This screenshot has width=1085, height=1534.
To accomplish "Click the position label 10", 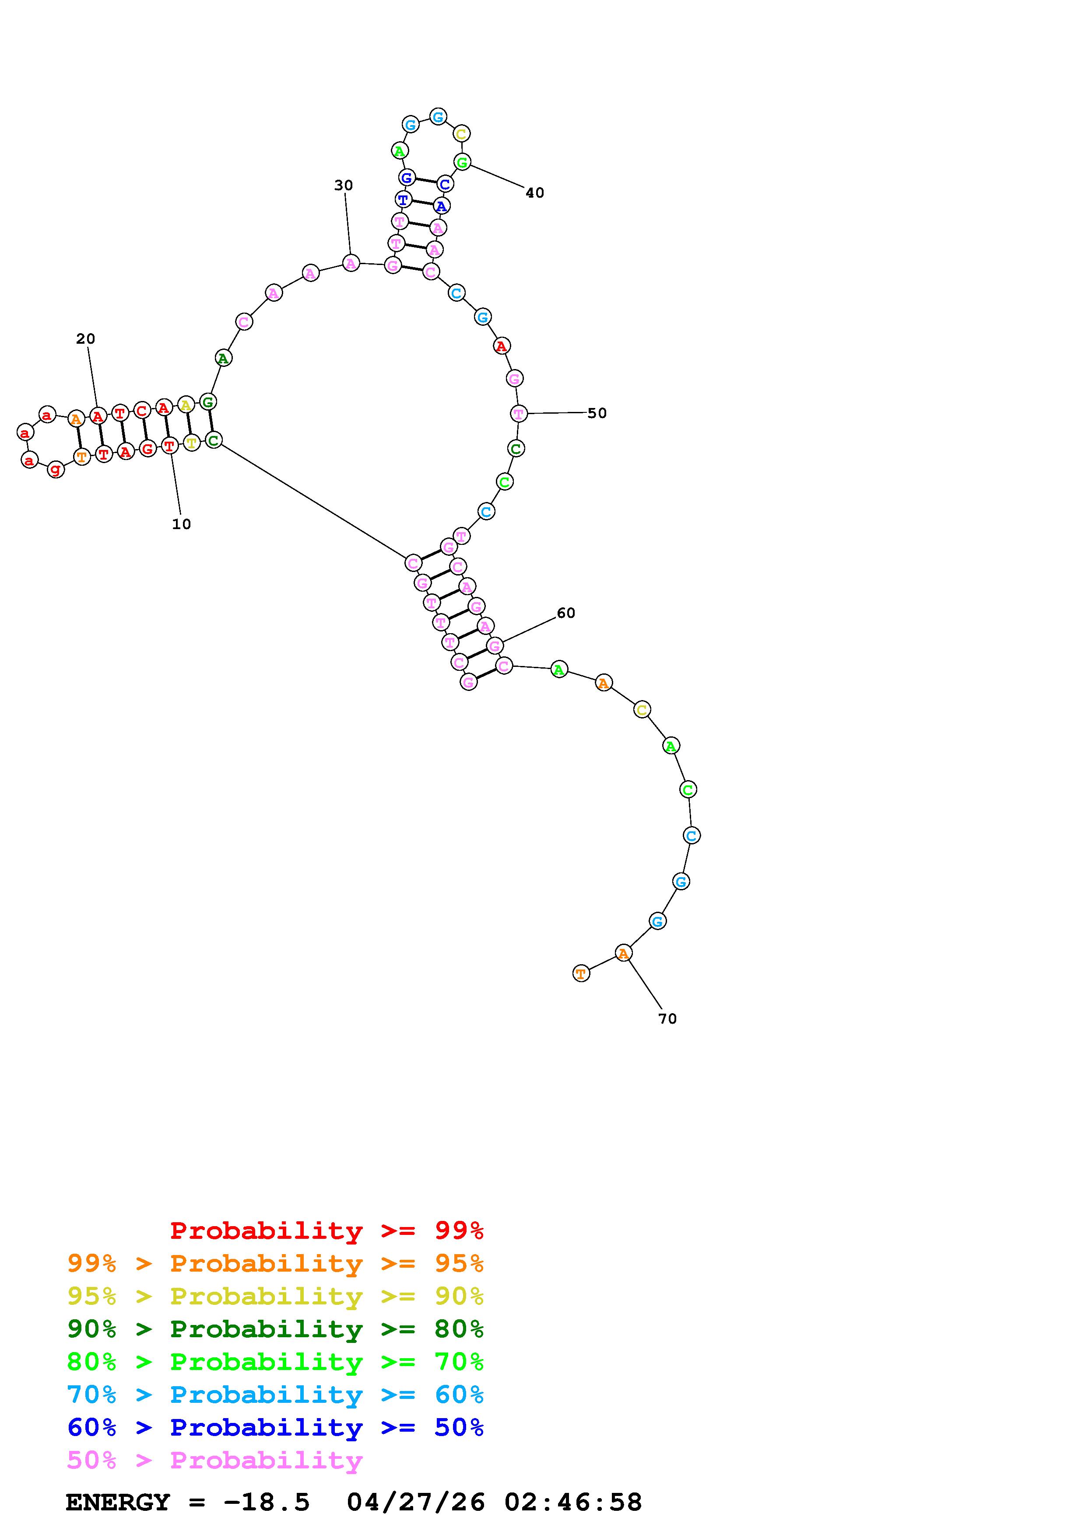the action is (181, 524).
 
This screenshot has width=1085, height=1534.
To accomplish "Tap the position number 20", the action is (86, 339).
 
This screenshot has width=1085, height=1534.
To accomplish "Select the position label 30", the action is (344, 185).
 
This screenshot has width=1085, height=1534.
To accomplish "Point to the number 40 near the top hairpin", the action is (535, 193).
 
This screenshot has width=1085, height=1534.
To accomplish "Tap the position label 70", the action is (667, 1019).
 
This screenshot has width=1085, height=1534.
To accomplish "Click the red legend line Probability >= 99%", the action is (327, 1231).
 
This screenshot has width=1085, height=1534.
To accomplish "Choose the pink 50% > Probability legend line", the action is (214, 1461).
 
